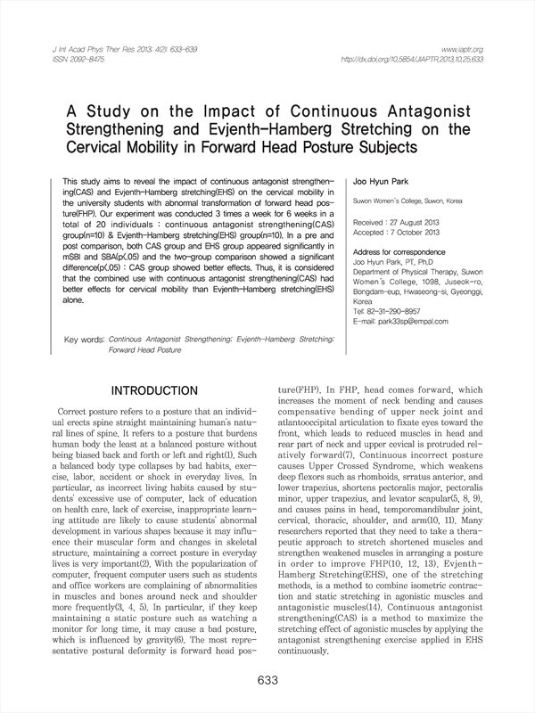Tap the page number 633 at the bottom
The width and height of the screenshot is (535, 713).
coord(267,681)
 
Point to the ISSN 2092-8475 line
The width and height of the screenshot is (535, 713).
coord(53,60)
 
